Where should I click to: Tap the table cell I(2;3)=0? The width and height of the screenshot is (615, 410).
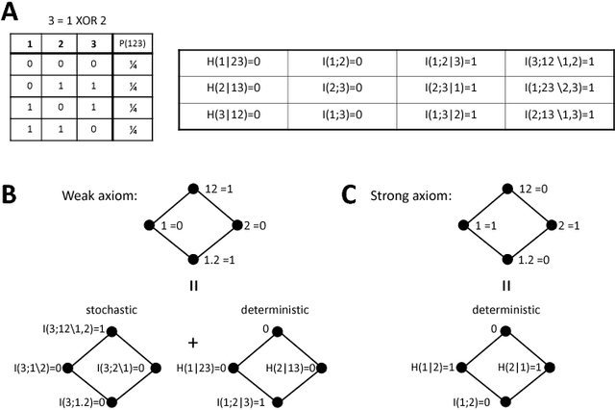[x=342, y=88]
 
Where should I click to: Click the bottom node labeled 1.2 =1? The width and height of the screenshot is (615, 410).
[x=193, y=261]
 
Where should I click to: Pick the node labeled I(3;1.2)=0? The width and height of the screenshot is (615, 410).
[x=111, y=401]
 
